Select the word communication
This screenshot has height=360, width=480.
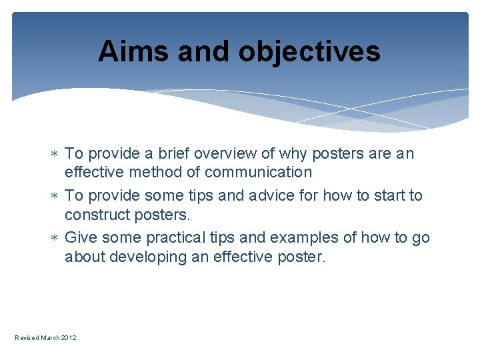click(x=259, y=173)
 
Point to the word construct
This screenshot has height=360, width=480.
click(x=95, y=215)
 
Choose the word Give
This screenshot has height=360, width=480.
click(x=80, y=238)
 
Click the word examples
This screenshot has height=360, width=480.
click(x=303, y=238)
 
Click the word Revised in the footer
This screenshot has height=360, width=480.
click(x=27, y=338)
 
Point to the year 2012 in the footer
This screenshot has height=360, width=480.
click(x=69, y=338)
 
